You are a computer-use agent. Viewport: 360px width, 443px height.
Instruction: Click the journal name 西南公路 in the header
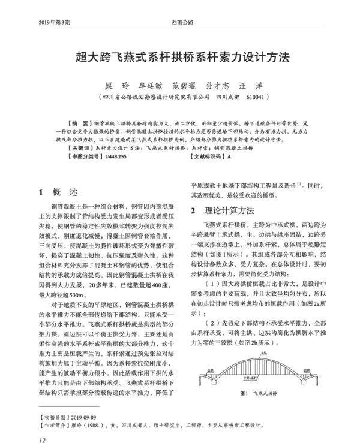click(182, 22)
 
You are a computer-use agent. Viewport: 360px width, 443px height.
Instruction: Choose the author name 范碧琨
click(183, 85)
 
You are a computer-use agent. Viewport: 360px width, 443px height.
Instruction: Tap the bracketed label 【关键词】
click(80, 147)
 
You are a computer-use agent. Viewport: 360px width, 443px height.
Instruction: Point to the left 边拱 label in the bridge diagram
click(211, 370)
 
